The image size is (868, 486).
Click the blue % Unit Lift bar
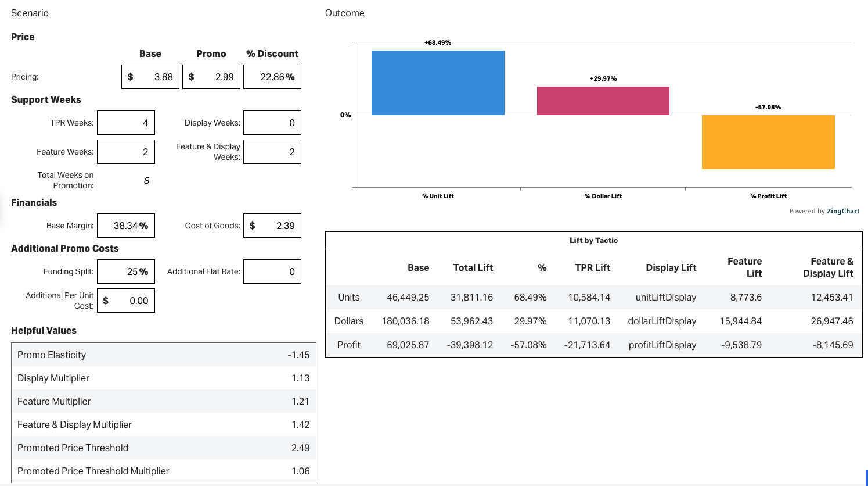[438, 83]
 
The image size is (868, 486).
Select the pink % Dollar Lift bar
[603, 101]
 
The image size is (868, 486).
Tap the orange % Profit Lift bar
[768, 142]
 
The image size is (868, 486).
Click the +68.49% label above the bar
[438, 42]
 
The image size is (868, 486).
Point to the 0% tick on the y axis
[345, 115]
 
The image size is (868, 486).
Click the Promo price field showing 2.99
[211, 77]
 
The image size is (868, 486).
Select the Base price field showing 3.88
[150, 77]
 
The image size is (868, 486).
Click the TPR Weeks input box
[126, 123]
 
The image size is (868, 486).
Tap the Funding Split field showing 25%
[126, 271]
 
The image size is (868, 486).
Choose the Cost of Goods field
[272, 226]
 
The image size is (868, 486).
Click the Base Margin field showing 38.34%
[126, 226]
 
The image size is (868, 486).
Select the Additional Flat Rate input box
[272, 271]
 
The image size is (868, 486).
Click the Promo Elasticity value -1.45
[298, 355]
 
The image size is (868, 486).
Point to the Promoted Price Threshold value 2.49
[300, 448]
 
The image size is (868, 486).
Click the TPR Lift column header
[592, 267]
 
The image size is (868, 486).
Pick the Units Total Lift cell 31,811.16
[471, 297]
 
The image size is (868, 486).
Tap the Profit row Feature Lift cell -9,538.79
[741, 345]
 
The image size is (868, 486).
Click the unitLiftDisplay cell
[665, 297]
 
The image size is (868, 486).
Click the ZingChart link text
[843, 211]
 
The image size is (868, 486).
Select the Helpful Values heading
[44, 330]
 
